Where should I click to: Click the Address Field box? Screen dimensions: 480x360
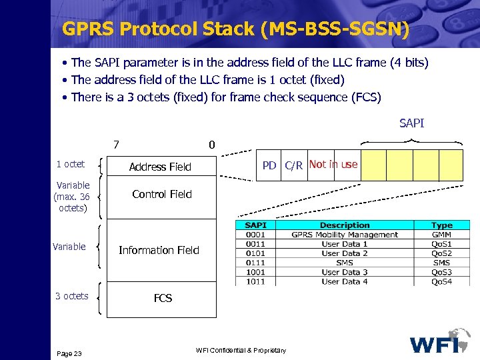pyautogui.click(x=160, y=167)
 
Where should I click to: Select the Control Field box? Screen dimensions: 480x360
pyautogui.click(x=161, y=194)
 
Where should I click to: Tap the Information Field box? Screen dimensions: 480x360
pyautogui.click(x=159, y=250)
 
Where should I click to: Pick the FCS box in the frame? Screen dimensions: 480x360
pyautogui.click(x=163, y=298)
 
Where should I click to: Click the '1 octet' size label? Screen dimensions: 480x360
pyautogui.click(x=70, y=164)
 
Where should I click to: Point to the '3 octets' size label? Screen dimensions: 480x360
pyautogui.click(x=71, y=295)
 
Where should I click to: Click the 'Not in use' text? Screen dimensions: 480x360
pyautogui.click(x=333, y=164)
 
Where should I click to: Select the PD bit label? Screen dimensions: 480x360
pyautogui.click(x=269, y=165)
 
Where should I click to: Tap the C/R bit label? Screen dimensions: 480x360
pyautogui.click(x=293, y=165)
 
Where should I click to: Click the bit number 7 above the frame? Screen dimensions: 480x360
pyautogui.click(x=116, y=144)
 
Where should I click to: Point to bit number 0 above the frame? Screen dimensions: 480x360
pyautogui.click(x=211, y=144)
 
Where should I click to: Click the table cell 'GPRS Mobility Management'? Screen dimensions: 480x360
pyautogui.click(x=345, y=235)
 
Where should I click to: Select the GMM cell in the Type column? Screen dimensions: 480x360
pyautogui.click(x=441, y=235)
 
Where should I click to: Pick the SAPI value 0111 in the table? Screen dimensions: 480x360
pyautogui.click(x=255, y=263)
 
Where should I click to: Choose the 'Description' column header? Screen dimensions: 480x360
pyautogui.click(x=345, y=225)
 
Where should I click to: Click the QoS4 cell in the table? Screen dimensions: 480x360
pyautogui.click(x=441, y=281)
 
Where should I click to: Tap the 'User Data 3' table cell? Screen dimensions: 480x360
pyautogui.click(x=345, y=272)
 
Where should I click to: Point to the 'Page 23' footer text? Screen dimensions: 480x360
pyautogui.click(x=69, y=353)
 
